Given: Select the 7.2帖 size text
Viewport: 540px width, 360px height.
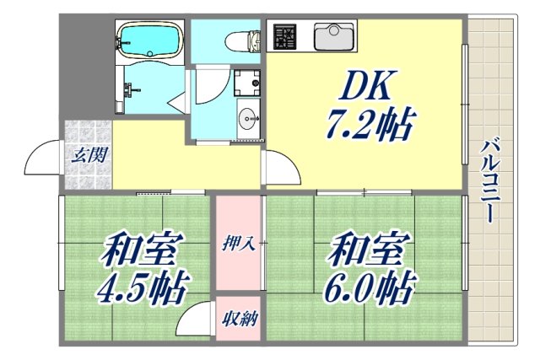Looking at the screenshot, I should (369, 126).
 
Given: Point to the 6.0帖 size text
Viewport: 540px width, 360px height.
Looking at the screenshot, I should (371, 290).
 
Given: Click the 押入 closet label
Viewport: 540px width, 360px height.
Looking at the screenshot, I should (239, 244).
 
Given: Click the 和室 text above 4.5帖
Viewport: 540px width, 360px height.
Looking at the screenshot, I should (143, 250).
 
